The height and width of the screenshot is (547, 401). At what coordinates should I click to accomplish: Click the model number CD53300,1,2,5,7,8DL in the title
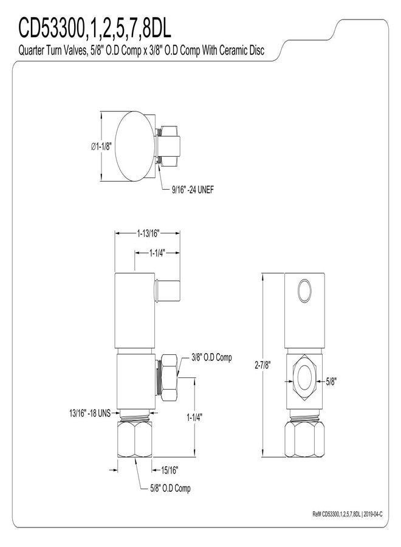point(95,29)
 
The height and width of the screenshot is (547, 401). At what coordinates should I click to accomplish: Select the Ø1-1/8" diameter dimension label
point(101,146)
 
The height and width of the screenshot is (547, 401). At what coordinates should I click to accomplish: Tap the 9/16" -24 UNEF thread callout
point(193,190)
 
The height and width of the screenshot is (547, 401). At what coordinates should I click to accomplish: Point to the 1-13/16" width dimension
point(148,233)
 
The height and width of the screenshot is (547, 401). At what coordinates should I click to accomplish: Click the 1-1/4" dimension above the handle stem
point(157,253)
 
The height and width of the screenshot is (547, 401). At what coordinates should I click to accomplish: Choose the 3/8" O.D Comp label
point(211,357)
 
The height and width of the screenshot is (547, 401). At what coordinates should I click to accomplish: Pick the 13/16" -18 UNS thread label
point(89,413)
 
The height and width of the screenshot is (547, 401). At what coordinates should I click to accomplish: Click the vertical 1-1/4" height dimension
point(194,417)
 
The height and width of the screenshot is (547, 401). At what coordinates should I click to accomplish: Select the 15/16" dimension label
point(170,470)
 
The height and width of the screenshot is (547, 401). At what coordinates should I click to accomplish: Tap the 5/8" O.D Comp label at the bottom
point(171,488)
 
